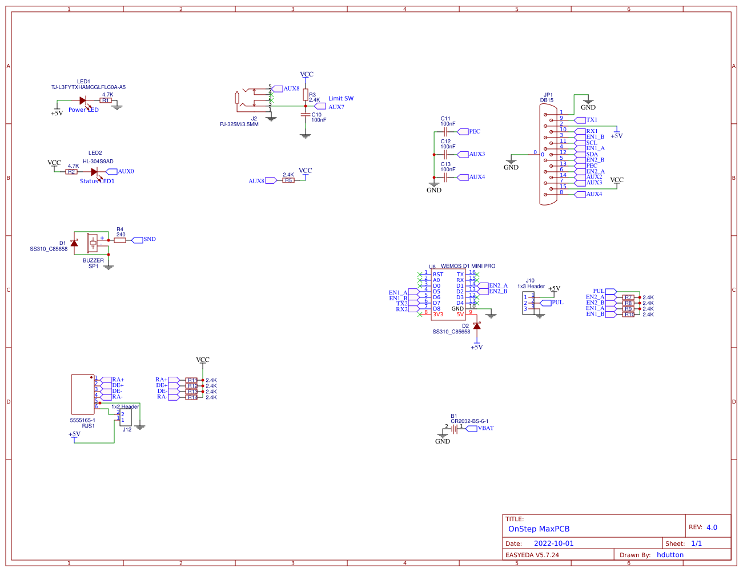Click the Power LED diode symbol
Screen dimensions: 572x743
83,100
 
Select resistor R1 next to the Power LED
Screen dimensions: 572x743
106,100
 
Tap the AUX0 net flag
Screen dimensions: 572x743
125,171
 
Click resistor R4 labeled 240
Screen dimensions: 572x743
119,240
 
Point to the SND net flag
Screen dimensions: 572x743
148,239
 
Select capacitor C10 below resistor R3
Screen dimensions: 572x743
305,114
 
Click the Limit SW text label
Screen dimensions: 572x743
340,99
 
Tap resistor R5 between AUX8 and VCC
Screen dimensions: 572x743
288,180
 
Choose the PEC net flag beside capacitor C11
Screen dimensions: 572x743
473,131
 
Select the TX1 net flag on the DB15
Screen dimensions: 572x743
591,120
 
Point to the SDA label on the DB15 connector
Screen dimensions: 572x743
592,154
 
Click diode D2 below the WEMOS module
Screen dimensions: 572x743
477,326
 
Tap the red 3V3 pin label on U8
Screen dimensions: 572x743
438,315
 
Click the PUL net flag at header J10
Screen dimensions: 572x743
556,303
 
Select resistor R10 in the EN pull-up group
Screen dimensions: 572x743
628,315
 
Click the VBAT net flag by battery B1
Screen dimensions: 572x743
485,428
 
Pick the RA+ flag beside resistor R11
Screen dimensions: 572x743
162,380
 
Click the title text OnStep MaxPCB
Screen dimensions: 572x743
539,529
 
